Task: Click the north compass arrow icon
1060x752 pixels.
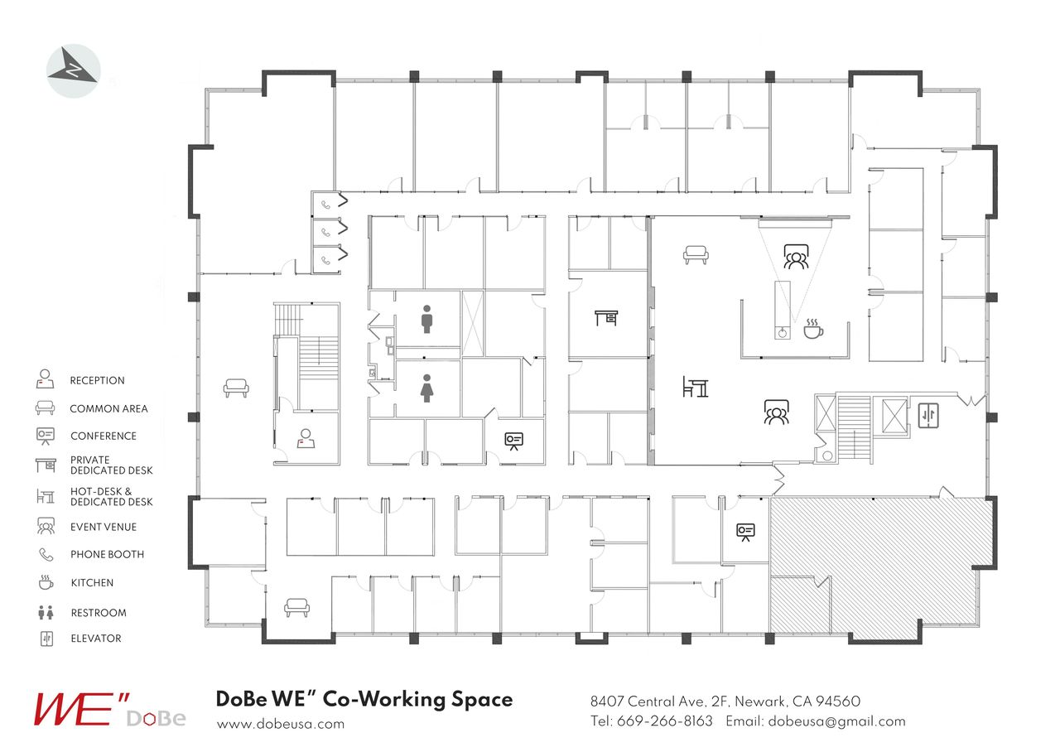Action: tap(74, 71)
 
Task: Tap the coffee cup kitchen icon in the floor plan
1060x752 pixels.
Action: tap(813, 329)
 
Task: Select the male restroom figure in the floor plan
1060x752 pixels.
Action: tap(426, 320)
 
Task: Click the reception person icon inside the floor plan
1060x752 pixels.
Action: tap(306, 439)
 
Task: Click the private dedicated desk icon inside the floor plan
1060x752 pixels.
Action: tap(606, 317)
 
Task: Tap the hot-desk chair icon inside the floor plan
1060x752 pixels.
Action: tap(696, 386)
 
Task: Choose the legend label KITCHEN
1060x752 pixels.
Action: tap(92, 583)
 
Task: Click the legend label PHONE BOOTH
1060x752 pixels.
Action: tap(107, 555)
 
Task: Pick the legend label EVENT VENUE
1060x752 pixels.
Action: tap(104, 527)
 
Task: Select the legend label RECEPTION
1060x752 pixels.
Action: tap(97, 381)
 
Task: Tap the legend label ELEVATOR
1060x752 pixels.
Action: tap(95, 639)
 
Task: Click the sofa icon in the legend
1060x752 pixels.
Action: tap(45, 408)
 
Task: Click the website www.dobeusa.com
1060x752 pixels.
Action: tap(280, 724)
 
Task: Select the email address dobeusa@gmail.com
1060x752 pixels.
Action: tap(836, 721)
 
